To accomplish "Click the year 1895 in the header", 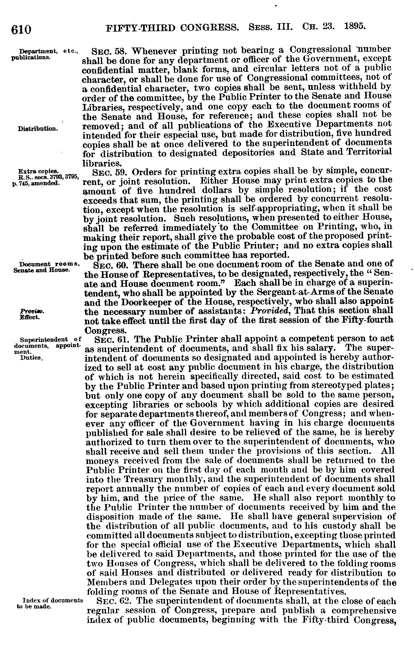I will coord(355,26).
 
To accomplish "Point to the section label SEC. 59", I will coord(108,172).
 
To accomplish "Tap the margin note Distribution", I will coord(38,129).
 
